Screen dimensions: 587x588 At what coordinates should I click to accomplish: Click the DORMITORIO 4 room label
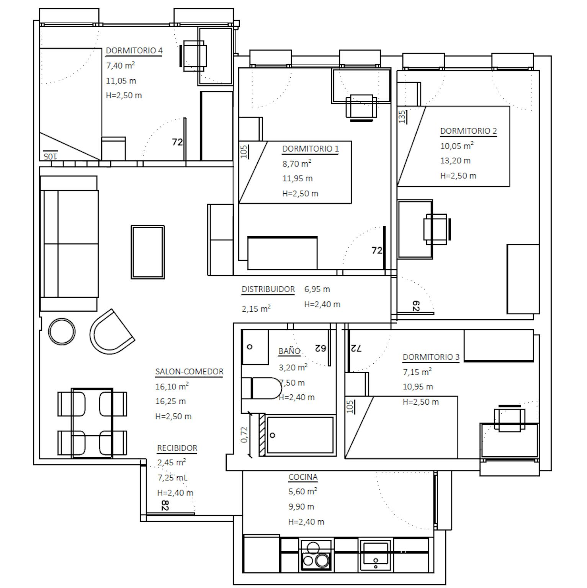click(134, 51)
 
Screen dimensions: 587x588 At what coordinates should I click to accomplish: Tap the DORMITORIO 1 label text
click(310, 149)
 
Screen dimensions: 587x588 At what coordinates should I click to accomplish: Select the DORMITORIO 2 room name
click(468, 131)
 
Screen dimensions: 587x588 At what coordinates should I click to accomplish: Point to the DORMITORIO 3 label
click(431, 357)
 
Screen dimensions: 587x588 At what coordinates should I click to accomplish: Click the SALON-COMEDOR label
click(189, 372)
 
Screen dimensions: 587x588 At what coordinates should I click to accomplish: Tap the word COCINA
click(303, 477)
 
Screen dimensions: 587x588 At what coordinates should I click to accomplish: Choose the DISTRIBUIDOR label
click(268, 289)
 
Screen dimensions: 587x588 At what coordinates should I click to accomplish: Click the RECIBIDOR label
click(177, 448)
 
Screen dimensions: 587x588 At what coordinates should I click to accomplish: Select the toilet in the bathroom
click(262, 389)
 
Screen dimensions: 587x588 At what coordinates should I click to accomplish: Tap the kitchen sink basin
click(376, 555)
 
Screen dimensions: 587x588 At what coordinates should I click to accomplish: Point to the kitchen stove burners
click(316, 555)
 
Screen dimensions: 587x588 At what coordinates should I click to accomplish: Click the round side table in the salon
click(62, 332)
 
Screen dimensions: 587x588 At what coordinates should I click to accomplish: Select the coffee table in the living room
click(148, 252)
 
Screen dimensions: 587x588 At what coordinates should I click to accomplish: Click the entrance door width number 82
click(165, 505)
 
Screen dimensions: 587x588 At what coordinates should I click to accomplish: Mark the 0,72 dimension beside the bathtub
click(244, 435)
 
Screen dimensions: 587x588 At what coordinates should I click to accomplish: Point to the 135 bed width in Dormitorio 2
click(402, 117)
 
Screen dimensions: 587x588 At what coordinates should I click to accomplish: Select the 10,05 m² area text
click(457, 145)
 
